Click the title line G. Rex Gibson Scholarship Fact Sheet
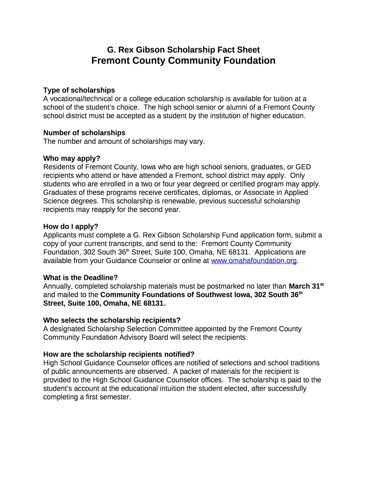183,50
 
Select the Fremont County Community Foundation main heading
183,61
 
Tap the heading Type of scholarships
79,90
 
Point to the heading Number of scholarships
84,133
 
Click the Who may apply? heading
72,159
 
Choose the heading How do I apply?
71,226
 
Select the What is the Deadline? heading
81,277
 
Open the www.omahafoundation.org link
254,261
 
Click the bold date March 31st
306,286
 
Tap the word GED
303,167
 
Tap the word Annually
59,286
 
